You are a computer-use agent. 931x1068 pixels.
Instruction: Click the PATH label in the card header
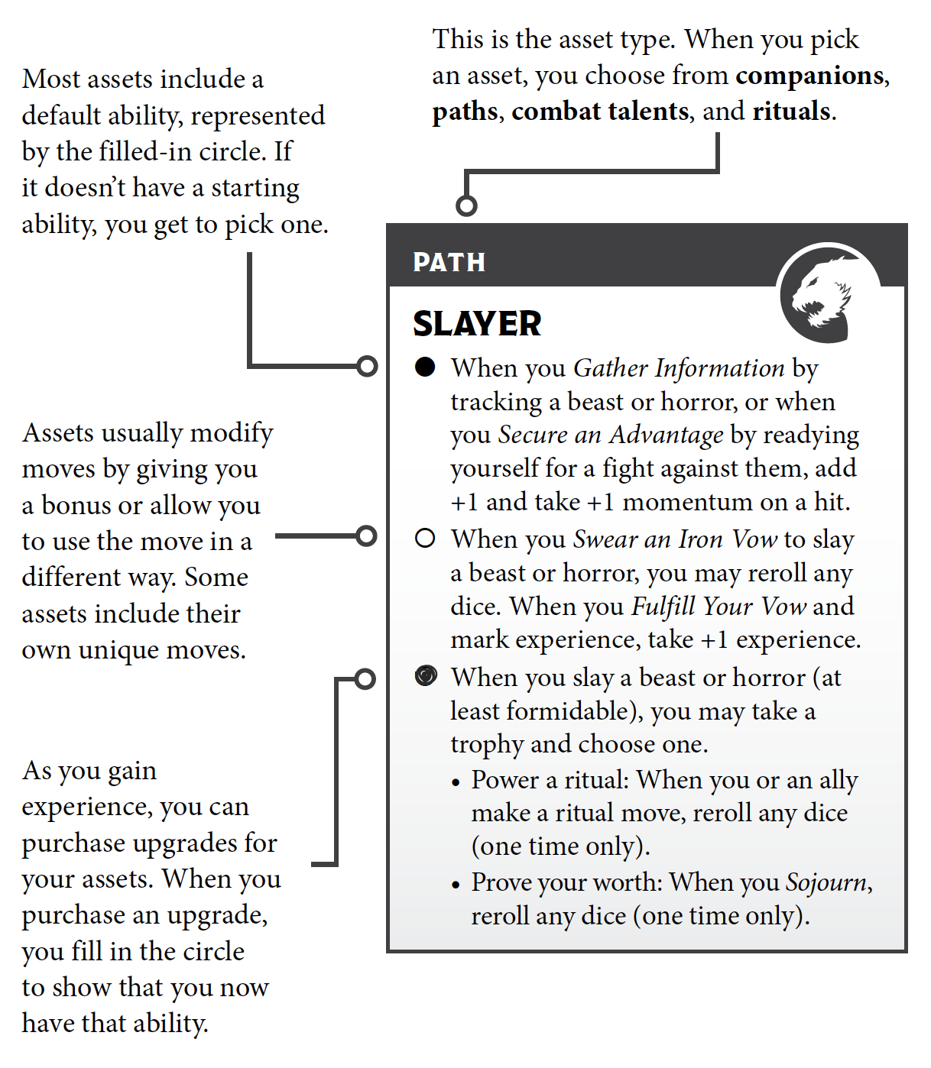point(449,262)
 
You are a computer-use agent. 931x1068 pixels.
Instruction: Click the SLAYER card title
point(477,324)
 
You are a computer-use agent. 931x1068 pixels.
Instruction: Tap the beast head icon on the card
point(820,295)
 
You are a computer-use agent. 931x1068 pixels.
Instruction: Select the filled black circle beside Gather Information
point(425,367)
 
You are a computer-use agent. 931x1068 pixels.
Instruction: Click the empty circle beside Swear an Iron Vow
point(425,539)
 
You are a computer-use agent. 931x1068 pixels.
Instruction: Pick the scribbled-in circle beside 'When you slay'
point(426,676)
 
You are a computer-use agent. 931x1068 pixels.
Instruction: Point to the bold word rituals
point(792,112)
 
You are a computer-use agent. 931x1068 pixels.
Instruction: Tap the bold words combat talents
point(600,112)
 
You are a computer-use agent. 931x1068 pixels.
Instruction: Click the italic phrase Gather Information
point(679,368)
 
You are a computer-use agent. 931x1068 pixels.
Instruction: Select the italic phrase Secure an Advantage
point(611,435)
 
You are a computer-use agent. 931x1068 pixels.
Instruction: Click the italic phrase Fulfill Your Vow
point(719,607)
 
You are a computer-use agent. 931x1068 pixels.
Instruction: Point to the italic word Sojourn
point(827,882)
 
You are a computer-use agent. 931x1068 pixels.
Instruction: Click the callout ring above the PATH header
point(466,206)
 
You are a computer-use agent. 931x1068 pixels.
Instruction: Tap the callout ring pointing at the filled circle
point(368,367)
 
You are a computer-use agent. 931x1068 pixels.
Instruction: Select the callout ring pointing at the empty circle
point(367,536)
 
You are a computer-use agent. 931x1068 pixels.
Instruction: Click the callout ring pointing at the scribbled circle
point(365,678)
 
